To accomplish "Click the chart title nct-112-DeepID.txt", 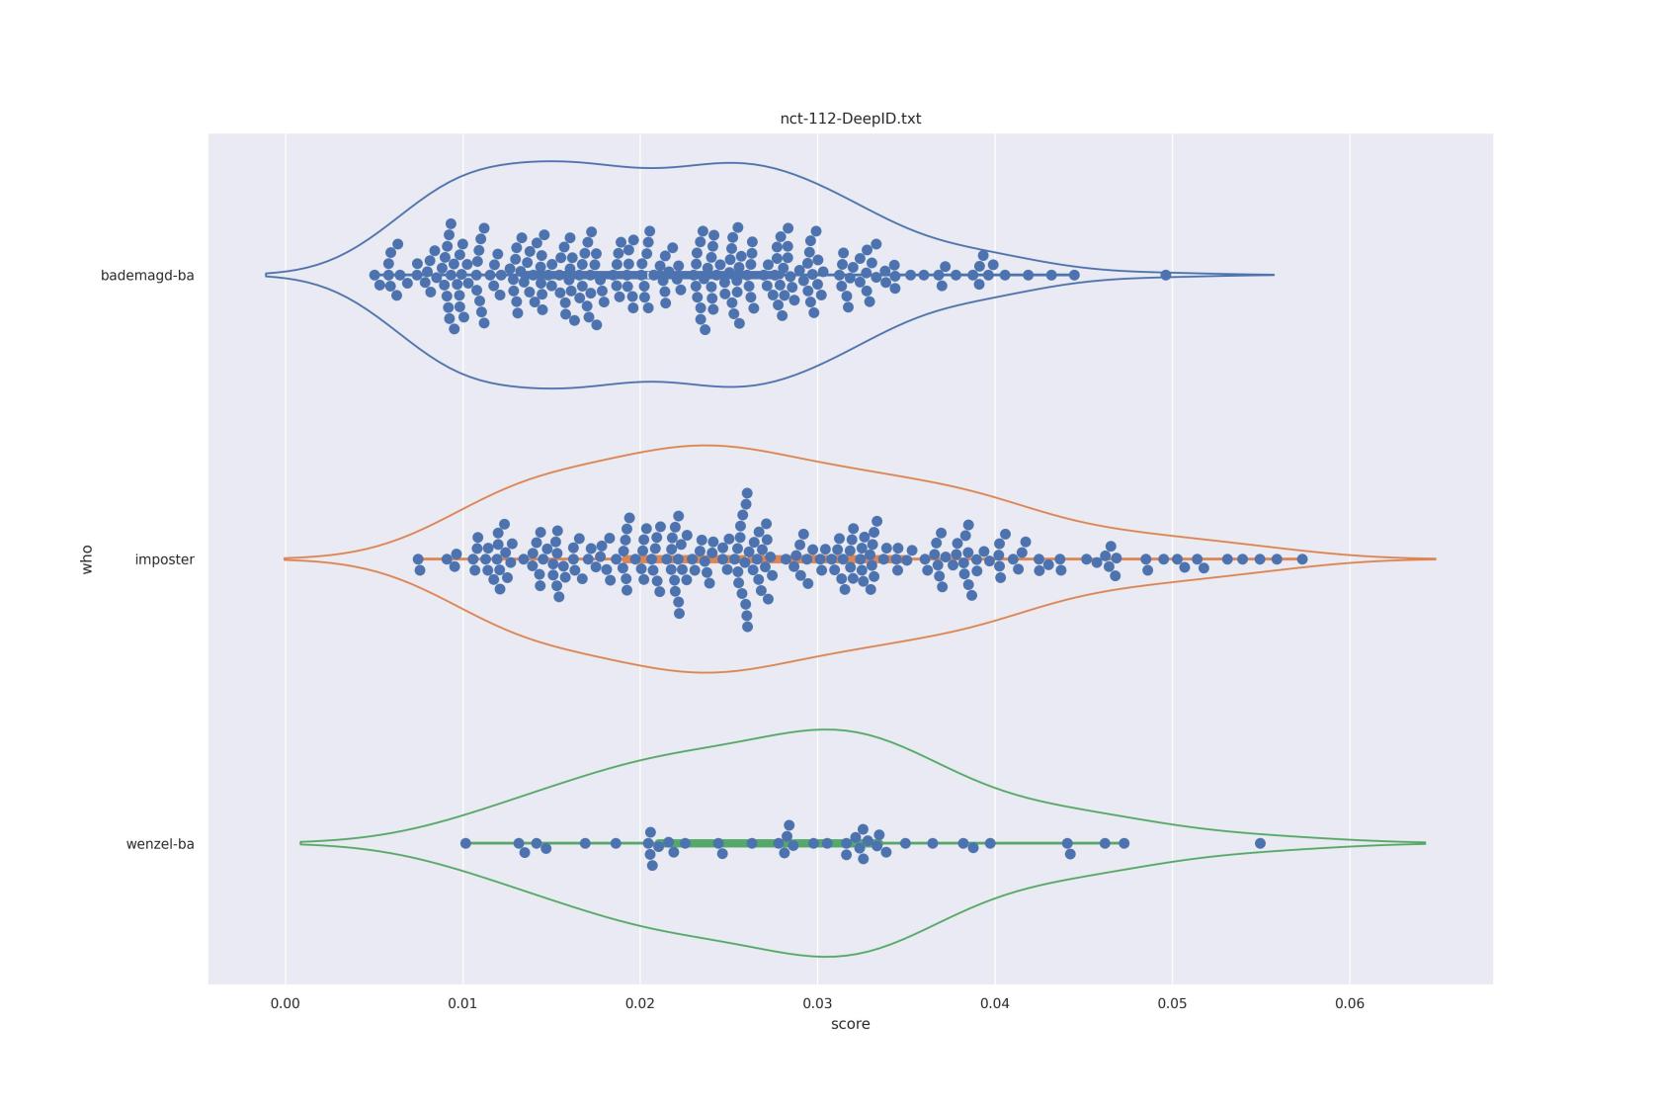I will (850, 119).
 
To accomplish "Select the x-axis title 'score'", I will (850, 1024).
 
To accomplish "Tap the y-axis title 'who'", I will (87, 558).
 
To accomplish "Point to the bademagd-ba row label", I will (147, 276).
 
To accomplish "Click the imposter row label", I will (164, 559).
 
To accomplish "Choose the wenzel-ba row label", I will (160, 844).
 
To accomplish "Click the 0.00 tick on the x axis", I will (286, 1003).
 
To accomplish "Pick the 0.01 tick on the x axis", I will (462, 1003).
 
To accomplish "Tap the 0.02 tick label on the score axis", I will (640, 1003).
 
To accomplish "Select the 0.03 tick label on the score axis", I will (817, 1003).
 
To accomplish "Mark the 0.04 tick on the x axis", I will (995, 1003).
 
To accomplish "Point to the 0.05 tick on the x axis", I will (1172, 1003).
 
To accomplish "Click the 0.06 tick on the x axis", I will (1350, 1003).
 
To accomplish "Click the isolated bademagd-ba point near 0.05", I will (1166, 275).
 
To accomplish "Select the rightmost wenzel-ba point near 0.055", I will (1260, 843).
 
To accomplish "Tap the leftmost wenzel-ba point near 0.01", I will (465, 843).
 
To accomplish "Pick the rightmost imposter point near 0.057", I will (1302, 559).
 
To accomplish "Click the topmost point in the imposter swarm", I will (747, 493).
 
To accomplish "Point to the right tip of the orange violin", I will (1435, 559).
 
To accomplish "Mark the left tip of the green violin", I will (300, 843).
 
